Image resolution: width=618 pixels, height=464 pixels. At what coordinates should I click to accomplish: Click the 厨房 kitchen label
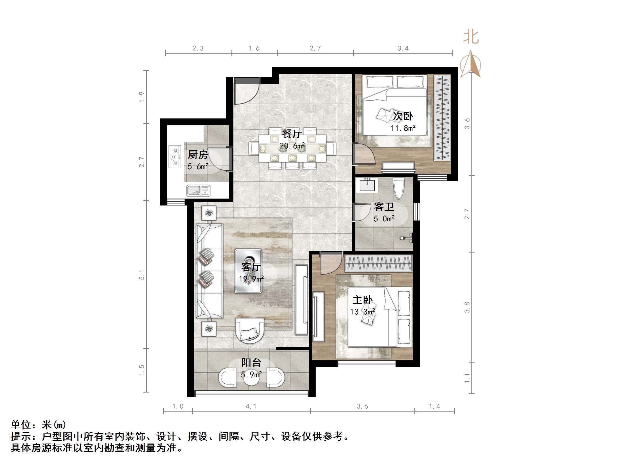pos(198,155)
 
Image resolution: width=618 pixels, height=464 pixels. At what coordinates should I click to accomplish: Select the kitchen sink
pos(198,190)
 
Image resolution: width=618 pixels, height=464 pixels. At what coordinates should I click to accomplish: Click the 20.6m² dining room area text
pos(292,146)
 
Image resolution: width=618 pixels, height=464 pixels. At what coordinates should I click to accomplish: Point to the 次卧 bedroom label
pos(403,116)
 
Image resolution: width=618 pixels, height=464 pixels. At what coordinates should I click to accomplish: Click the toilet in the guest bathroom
pos(399,188)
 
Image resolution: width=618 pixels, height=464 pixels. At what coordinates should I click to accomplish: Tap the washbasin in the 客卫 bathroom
pos(367,185)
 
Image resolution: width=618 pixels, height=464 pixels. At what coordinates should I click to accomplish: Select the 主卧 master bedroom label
pos(363,300)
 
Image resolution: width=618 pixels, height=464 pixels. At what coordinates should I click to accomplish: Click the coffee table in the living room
pos(248,271)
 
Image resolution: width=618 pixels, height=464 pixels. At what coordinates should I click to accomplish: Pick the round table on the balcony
pos(251,378)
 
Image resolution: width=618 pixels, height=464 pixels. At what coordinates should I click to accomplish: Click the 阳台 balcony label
pos(251,362)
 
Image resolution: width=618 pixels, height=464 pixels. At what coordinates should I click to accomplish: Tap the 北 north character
pos(471,37)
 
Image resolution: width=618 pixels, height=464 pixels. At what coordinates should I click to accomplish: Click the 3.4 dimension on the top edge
pos(403,48)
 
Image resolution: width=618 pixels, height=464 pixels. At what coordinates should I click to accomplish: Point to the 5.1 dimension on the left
pos(142,275)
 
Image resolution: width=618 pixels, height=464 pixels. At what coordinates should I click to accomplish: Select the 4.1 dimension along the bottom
pos(251,406)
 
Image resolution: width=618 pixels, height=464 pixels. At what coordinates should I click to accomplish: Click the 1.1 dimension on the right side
pos(467,378)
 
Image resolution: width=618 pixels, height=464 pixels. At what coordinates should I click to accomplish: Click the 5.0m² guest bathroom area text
pos(384,219)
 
